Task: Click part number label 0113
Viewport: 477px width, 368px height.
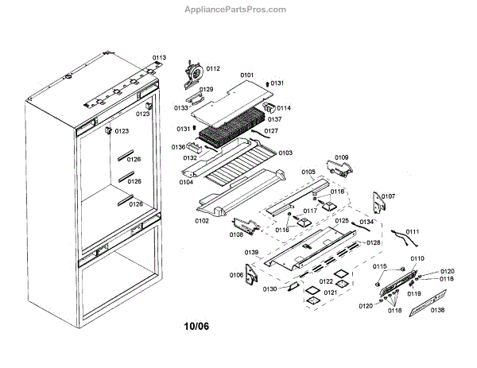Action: click(159, 58)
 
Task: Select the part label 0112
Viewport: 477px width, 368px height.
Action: click(212, 69)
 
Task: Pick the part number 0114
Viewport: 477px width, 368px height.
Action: click(283, 108)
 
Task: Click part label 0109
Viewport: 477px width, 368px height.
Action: click(342, 157)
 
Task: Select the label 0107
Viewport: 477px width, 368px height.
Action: click(388, 196)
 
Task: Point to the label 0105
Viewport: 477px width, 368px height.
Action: click(308, 172)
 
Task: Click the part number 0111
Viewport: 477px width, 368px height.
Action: click(413, 231)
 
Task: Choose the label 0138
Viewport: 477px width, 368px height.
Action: click(438, 309)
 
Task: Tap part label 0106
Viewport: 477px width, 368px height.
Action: click(236, 275)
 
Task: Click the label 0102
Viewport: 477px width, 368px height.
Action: click(203, 221)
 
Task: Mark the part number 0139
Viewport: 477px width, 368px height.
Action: click(251, 252)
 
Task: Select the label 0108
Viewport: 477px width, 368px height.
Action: click(237, 234)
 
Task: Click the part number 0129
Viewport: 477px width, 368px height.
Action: click(206, 90)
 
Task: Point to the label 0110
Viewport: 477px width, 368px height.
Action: click(417, 258)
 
